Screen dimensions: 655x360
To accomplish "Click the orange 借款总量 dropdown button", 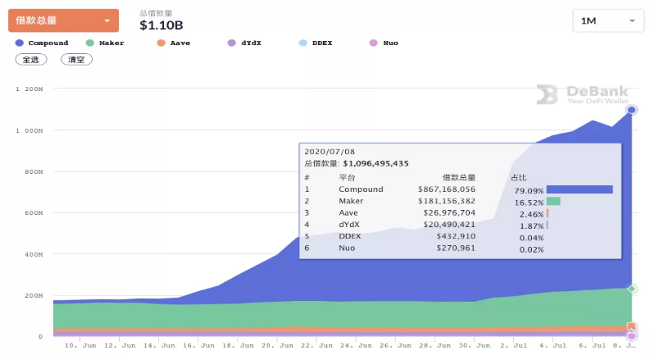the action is point(63,21).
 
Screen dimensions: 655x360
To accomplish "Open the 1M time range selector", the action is point(608,21).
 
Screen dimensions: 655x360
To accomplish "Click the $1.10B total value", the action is point(161,25).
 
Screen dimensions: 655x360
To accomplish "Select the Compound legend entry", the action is point(42,43).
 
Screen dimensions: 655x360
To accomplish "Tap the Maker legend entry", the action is point(105,43).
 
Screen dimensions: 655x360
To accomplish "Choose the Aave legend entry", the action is point(173,43).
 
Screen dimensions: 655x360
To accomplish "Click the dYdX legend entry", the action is point(244,43).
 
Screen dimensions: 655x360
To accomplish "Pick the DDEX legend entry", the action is point(316,43).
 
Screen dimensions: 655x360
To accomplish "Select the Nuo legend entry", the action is point(384,43).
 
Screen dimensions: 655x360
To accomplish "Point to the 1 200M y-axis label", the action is point(30,89).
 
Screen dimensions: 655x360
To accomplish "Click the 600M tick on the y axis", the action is point(34,213).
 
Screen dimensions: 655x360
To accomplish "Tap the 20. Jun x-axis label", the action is point(277,345).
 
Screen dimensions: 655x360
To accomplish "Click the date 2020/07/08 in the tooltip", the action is point(330,152).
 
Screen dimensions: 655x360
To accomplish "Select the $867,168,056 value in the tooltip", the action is point(447,189).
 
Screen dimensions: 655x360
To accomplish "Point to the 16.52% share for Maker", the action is point(529,203).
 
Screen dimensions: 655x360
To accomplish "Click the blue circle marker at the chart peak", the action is point(631,110).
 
